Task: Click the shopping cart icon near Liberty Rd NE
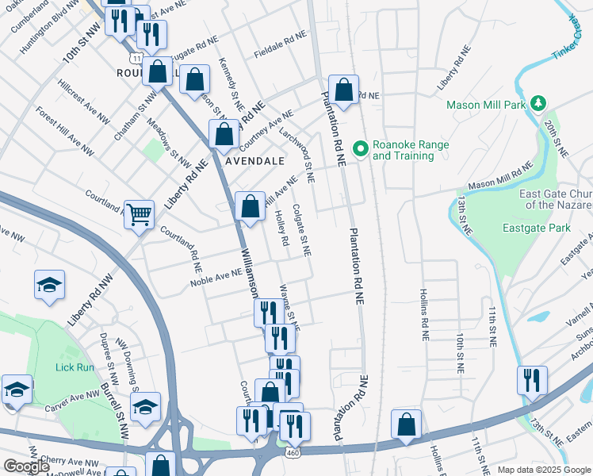pos(139,213)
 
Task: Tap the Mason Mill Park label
pos(485,105)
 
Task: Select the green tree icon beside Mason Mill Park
pos(539,104)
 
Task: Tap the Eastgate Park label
pos(536,228)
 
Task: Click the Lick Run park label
pos(75,367)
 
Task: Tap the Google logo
pos(26,466)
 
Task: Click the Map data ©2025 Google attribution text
pos(544,470)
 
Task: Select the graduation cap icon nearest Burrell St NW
pos(145,407)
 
